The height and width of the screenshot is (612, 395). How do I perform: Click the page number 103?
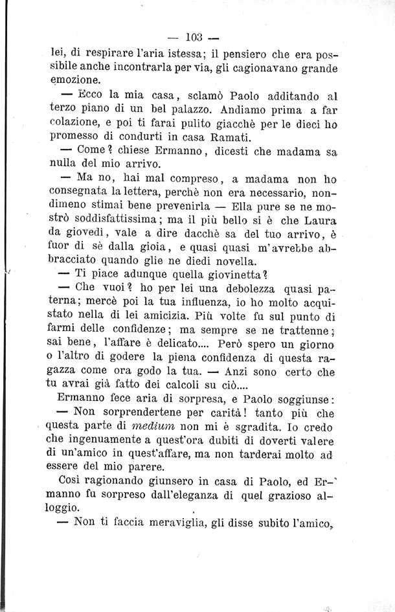pos(194,36)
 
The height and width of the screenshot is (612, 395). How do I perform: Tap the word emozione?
pos(75,80)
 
